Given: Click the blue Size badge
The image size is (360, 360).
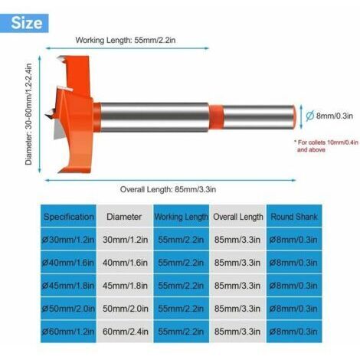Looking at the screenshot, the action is [x=25, y=23].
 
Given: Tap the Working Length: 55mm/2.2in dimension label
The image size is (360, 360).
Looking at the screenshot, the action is [x=126, y=41].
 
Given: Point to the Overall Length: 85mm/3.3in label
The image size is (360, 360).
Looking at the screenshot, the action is [x=168, y=189].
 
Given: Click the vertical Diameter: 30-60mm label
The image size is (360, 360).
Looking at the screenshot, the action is [x=28, y=114].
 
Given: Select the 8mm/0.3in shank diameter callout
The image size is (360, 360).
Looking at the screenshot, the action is [x=329, y=116].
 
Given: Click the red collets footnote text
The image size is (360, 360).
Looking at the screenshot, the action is [x=326, y=146].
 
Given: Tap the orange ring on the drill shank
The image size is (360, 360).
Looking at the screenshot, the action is [x=217, y=117].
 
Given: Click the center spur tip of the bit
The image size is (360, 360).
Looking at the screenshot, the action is [x=46, y=115].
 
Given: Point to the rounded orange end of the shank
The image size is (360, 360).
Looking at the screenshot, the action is [x=294, y=117].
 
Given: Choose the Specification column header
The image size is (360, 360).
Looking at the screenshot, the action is [x=68, y=217].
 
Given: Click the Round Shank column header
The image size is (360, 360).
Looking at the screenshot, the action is [x=294, y=217].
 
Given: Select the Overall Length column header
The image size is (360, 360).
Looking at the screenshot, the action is [x=238, y=217].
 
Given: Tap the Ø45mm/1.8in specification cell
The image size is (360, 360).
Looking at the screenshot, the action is [x=68, y=286].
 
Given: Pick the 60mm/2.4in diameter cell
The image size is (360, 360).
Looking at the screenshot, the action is [x=125, y=332].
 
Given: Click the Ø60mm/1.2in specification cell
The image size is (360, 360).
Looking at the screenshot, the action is [x=68, y=332].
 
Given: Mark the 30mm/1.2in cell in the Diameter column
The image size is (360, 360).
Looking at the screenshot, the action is [x=125, y=240].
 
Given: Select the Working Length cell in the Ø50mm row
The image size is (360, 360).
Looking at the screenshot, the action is [x=181, y=309].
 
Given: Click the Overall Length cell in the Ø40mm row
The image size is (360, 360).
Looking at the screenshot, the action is [x=237, y=263].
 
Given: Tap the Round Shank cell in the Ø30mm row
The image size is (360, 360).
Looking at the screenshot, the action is [x=293, y=240].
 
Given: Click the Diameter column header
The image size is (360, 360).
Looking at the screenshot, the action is [x=124, y=217].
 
